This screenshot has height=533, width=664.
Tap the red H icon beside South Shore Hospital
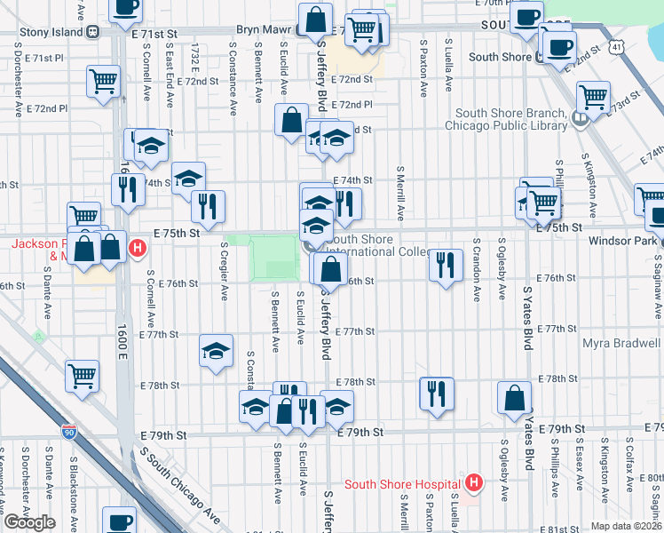click(x=474, y=483)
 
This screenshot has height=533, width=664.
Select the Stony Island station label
click(x=43, y=33)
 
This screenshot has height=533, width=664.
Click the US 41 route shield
click(x=616, y=44)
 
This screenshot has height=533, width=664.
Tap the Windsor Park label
click(x=624, y=242)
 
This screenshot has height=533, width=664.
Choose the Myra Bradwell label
click(x=622, y=343)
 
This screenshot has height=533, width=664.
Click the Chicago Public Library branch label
click(x=510, y=119)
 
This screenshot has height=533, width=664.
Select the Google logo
click(x=29, y=522)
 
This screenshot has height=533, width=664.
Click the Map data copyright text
click(x=627, y=526)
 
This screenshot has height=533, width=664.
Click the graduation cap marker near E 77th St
click(x=216, y=352)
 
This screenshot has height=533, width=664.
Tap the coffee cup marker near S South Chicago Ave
click(x=119, y=521)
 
